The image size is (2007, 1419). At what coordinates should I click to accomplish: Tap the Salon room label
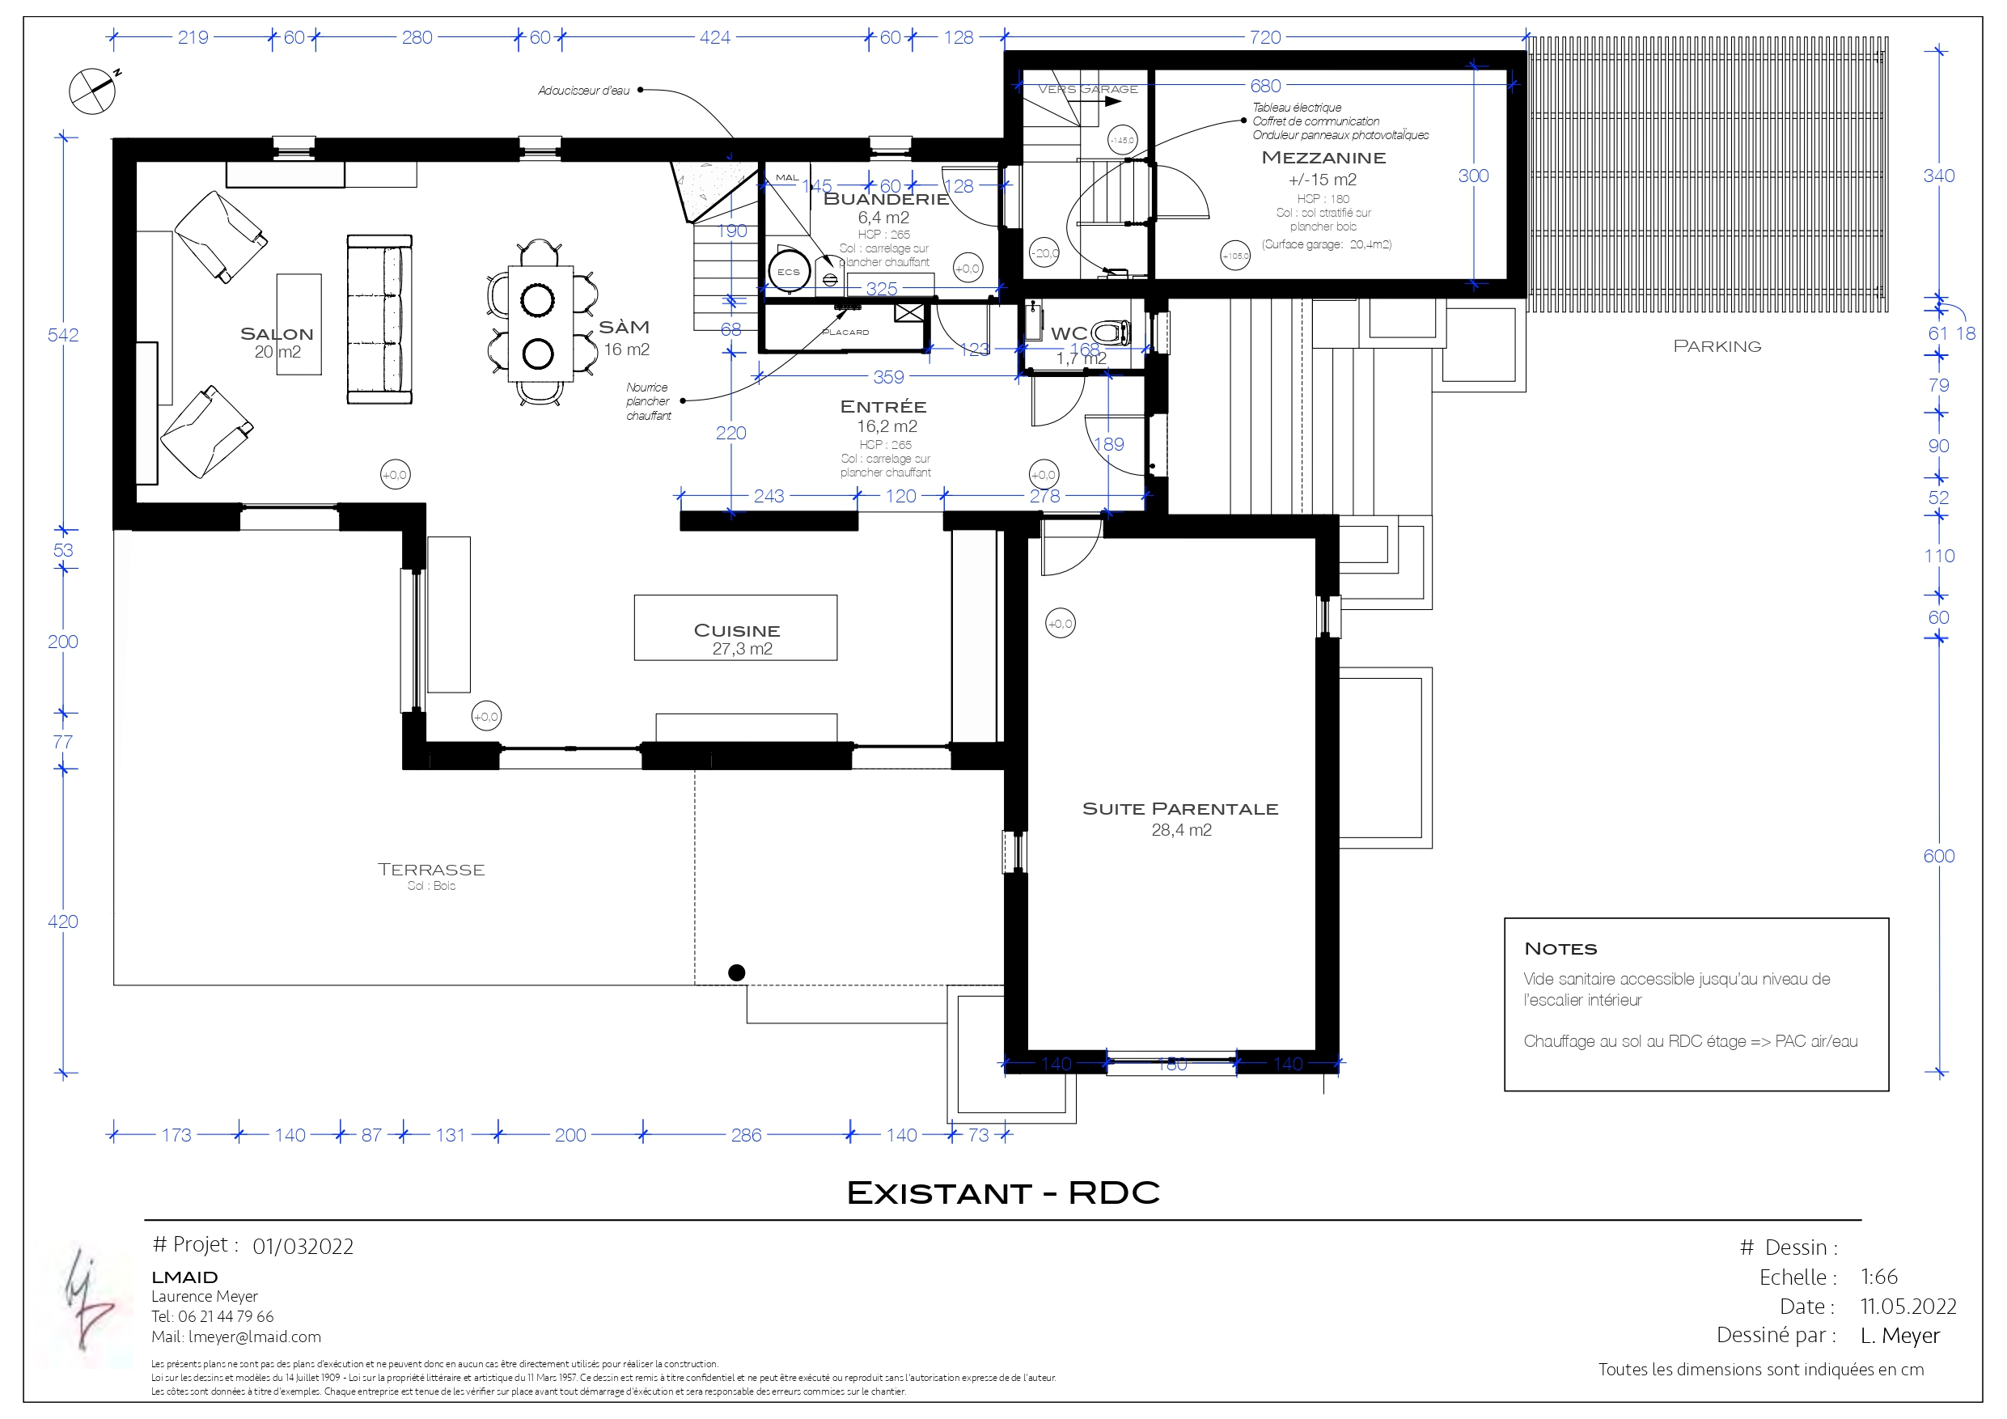pyautogui.click(x=276, y=334)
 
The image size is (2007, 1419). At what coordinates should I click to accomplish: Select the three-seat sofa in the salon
pyautogui.click(x=379, y=320)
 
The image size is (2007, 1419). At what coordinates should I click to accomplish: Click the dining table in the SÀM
pyautogui.click(x=540, y=324)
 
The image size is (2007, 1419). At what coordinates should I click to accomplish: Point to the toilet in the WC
pyautogui.click(x=1111, y=333)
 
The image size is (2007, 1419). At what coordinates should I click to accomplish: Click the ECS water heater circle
pyautogui.click(x=789, y=272)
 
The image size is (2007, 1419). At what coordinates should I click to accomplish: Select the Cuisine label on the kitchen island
pyautogui.click(x=736, y=630)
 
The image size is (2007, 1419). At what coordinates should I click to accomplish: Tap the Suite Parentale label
pyautogui.click(x=1180, y=809)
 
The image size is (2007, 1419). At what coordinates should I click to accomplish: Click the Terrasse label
pyautogui.click(x=431, y=869)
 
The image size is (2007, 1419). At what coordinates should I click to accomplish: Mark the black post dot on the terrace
pyautogui.click(x=737, y=972)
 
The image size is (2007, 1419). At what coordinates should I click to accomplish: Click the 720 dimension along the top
pyautogui.click(x=1265, y=37)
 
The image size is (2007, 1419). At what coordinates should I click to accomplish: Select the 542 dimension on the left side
pyautogui.click(x=63, y=335)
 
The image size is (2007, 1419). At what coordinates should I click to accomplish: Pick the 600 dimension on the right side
pyautogui.click(x=1938, y=856)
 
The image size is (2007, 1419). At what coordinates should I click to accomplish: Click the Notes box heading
pyautogui.click(x=1560, y=949)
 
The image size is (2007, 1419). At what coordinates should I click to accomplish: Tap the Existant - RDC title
pyautogui.click(x=1002, y=1192)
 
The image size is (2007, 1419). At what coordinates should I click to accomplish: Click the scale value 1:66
pyautogui.click(x=1878, y=1277)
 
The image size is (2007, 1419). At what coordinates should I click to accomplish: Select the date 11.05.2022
pyautogui.click(x=1907, y=1307)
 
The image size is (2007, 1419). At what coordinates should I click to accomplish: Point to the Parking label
pyautogui.click(x=1717, y=346)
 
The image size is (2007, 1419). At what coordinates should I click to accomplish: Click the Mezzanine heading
pyautogui.click(x=1323, y=159)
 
